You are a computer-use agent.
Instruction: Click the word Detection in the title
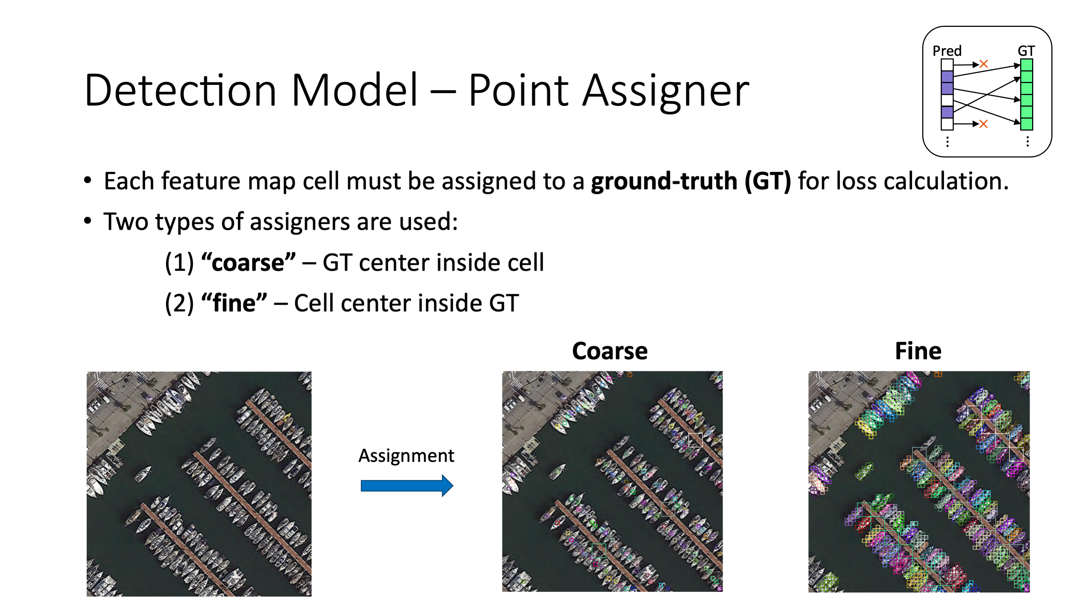(180, 90)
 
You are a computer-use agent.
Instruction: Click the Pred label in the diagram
(947, 51)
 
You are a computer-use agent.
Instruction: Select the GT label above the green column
(1026, 51)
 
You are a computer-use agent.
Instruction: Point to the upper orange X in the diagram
(984, 64)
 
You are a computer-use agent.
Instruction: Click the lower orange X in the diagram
(984, 124)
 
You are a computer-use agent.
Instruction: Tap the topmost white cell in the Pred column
(947, 65)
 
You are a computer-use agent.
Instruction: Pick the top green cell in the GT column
(1026, 65)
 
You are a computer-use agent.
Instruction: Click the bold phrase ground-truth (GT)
(690, 181)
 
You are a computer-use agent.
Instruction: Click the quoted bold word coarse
(249, 263)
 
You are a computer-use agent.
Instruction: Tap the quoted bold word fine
(234, 303)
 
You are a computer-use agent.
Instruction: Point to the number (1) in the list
(179, 263)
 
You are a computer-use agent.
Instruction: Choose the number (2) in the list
(179, 303)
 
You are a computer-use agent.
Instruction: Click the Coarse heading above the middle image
(609, 351)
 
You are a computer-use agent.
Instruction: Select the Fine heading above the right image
(918, 351)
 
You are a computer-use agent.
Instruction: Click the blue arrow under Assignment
(407, 486)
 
